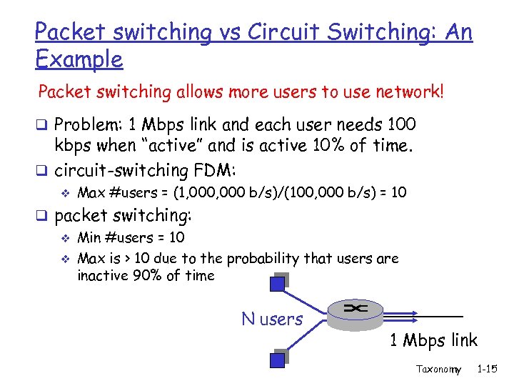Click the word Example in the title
pyautogui.click(x=79, y=59)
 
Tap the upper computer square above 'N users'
pyautogui.click(x=277, y=284)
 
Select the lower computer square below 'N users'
pyautogui.click(x=276, y=360)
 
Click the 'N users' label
pyautogui.click(x=272, y=319)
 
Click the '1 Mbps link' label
pyautogui.click(x=433, y=340)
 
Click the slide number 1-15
pyautogui.click(x=488, y=370)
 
